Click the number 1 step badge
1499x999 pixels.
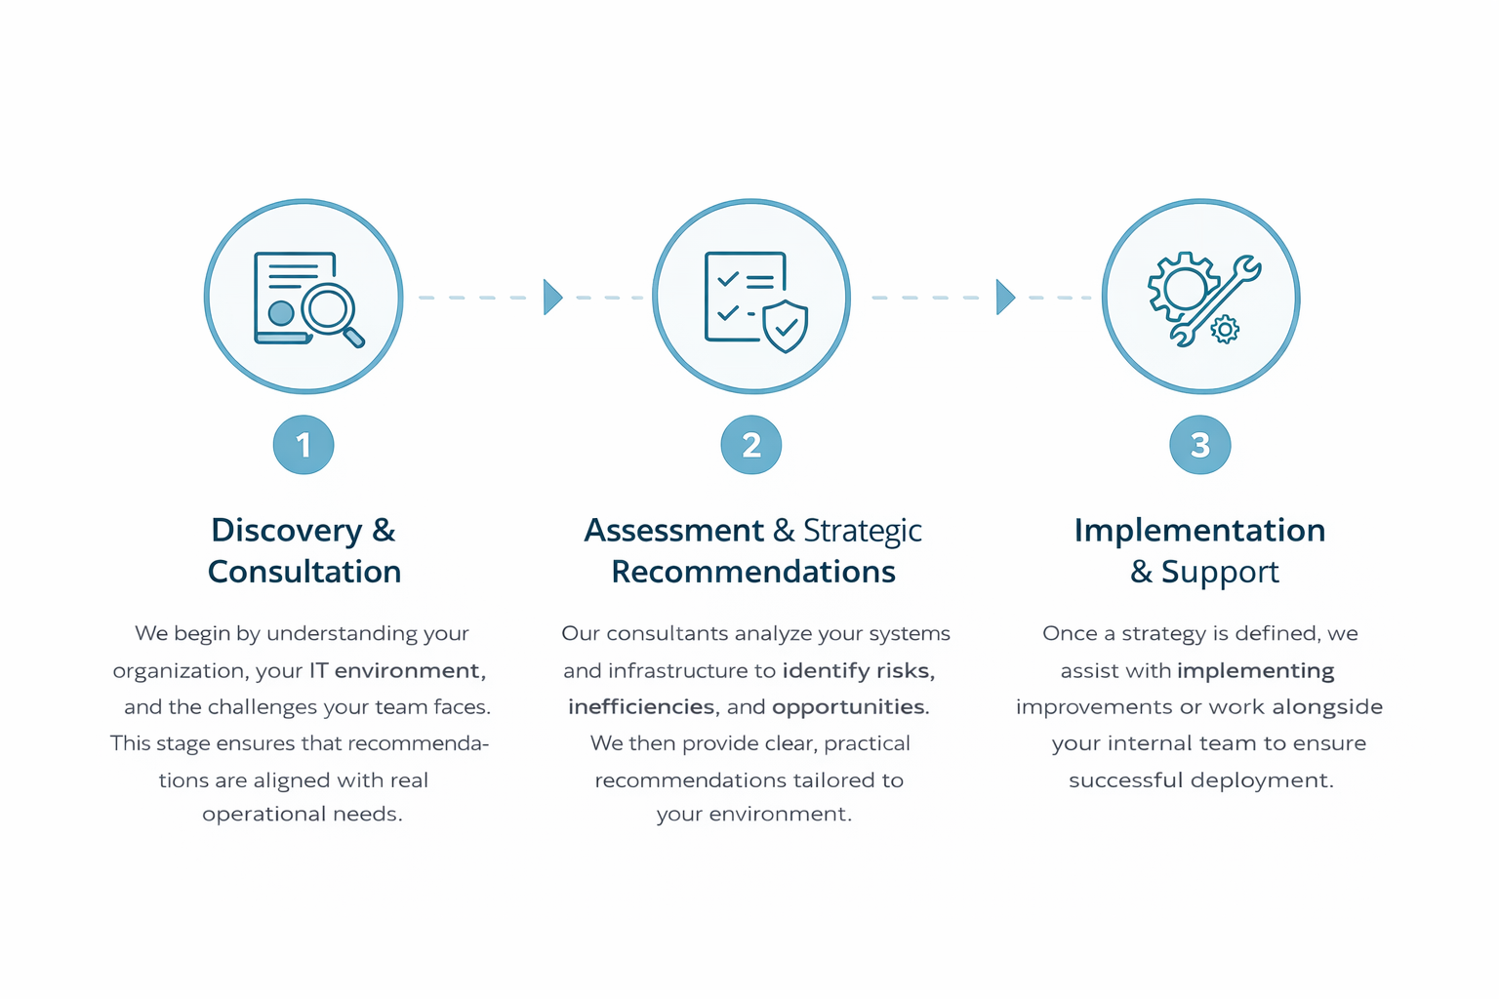tap(304, 445)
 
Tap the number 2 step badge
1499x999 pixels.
tap(750, 445)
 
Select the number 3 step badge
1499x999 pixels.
tap(1199, 445)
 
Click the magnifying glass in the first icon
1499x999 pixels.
tap(333, 315)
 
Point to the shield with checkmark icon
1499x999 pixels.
tap(786, 326)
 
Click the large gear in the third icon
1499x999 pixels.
tap(1182, 288)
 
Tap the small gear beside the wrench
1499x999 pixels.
tap(1225, 329)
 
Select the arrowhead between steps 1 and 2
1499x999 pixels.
tap(552, 297)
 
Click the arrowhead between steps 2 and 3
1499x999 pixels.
tap(1005, 297)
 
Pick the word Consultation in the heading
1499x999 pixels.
tap(304, 572)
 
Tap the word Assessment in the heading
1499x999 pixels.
tap(674, 531)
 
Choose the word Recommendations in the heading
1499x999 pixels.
tap(752, 572)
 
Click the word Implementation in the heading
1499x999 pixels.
tap(1199, 531)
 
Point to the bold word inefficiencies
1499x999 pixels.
tap(641, 707)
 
